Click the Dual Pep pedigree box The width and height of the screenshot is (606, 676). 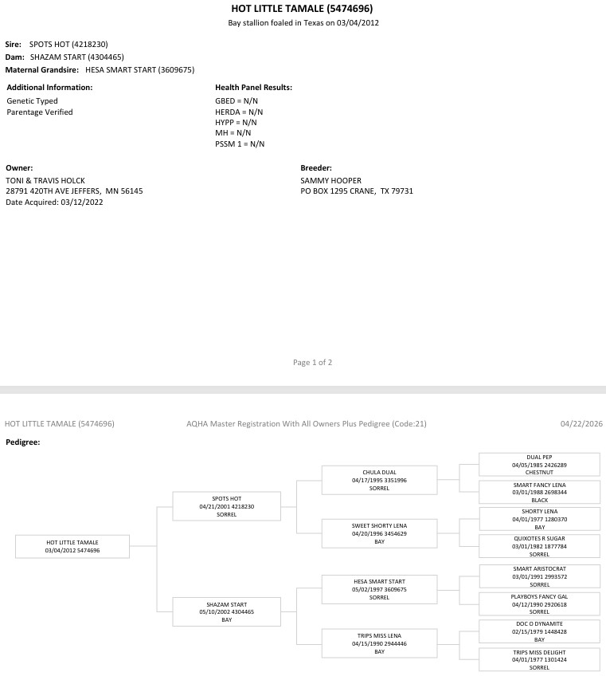pos(539,465)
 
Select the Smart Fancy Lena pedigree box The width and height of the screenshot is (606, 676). pos(539,492)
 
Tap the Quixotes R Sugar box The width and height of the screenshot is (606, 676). pos(539,546)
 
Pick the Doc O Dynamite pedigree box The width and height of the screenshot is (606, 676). pos(539,631)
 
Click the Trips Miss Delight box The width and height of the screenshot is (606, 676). pos(539,659)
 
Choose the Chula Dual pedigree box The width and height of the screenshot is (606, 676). pos(379,480)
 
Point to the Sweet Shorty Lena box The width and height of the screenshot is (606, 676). pos(379,533)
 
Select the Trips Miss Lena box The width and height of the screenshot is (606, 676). pos(379,643)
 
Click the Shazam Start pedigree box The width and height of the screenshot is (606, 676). pos(227,611)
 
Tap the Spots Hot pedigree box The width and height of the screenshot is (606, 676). pos(227,506)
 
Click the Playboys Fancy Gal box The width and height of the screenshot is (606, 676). pos(539,603)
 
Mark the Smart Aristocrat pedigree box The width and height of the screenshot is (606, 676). pos(539,576)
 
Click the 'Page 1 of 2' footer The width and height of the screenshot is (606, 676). pos(312,363)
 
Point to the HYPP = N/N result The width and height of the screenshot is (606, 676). pos(236,123)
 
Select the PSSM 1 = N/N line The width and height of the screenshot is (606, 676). pos(240,144)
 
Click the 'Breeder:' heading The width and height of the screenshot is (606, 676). pos(316,168)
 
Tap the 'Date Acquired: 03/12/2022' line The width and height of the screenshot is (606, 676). pos(53,202)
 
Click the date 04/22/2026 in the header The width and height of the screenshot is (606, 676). pos(581,424)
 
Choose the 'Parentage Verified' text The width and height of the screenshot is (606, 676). pos(40,112)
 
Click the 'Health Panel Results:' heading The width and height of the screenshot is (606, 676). pos(253,88)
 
